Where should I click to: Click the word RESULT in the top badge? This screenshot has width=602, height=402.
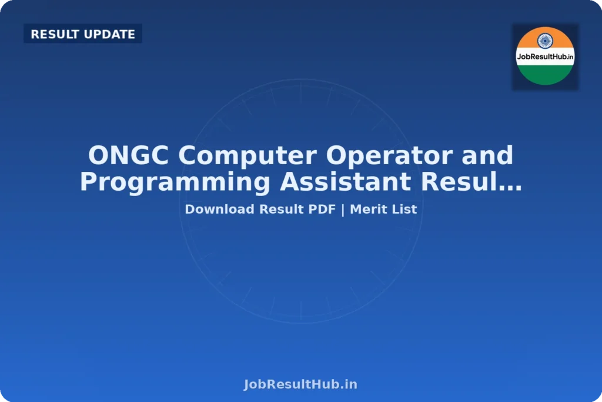(x=55, y=34)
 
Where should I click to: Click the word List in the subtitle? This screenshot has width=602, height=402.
(x=403, y=209)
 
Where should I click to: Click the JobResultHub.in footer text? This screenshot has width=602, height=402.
(x=300, y=384)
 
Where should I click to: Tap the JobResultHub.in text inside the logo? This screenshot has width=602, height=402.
(x=545, y=57)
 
